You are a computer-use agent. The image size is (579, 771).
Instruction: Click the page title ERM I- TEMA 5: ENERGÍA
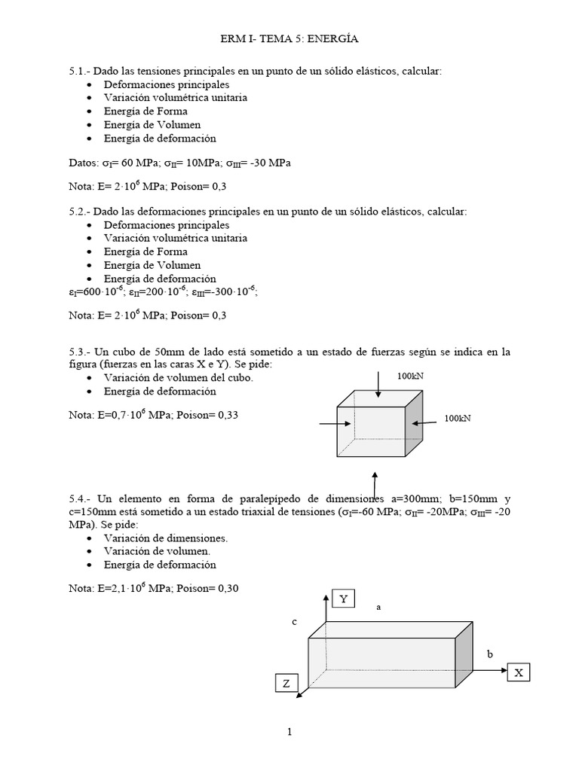tap(289, 38)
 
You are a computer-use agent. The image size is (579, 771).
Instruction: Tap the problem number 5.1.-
tap(80, 71)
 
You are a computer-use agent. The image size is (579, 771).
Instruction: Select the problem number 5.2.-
tap(80, 212)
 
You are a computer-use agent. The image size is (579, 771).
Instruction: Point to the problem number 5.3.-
tap(80, 352)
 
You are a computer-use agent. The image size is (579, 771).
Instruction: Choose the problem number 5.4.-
tap(80, 498)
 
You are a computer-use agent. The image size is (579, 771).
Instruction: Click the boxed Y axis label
tap(343, 599)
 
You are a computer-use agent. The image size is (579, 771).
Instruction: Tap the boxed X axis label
tap(519, 672)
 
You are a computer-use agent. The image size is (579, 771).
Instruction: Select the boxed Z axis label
tap(286, 683)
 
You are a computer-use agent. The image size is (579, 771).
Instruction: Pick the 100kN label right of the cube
tap(458, 418)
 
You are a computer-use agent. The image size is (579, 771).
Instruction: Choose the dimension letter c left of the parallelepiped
tap(295, 622)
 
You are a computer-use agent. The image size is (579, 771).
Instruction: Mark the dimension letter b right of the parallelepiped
tap(489, 654)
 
